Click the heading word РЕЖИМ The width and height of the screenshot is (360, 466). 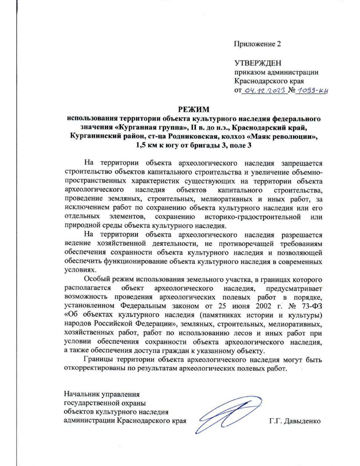[194, 109]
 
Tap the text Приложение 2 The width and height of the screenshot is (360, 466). [257, 44]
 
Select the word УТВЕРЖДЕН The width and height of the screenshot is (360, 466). [258, 63]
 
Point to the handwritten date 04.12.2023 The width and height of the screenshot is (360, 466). [264, 90]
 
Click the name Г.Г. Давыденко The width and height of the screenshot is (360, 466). [295, 421]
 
